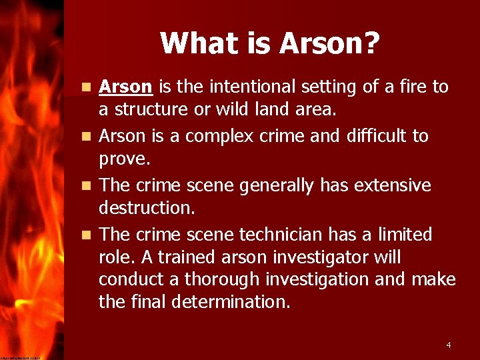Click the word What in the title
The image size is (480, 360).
coord(192,43)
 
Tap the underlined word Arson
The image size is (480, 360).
coord(126,87)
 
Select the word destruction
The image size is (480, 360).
coord(147,207)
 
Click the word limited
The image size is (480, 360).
coord(403,235)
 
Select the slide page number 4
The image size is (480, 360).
coord(449,345)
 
